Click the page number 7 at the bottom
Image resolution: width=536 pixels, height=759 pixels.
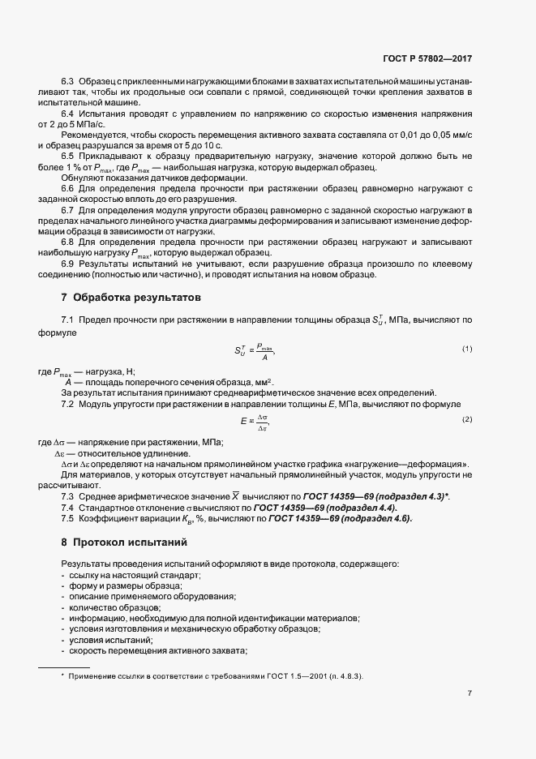click(x=470, y=693)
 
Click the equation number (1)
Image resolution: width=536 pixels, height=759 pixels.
click(x=467, y=349)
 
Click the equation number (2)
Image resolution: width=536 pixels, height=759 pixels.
click(x=467, y=419)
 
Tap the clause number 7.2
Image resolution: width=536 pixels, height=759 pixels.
click(x=68, y=403)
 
